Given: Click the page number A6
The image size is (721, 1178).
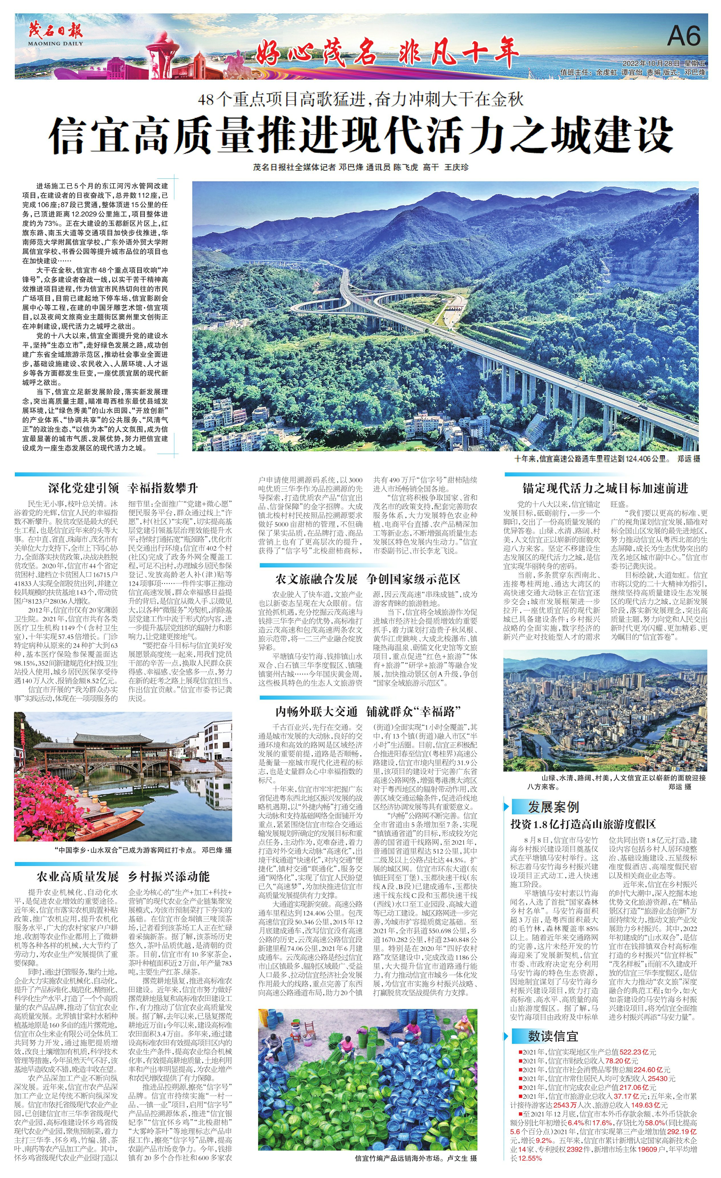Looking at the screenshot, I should [684, 36].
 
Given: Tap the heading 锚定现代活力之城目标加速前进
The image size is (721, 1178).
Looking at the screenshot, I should [605, 488].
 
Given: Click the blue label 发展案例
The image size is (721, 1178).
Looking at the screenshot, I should [553, 808].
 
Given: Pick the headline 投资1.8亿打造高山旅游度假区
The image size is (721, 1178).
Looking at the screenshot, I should [583, 824].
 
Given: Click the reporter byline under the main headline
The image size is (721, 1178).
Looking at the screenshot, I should [361, 167].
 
